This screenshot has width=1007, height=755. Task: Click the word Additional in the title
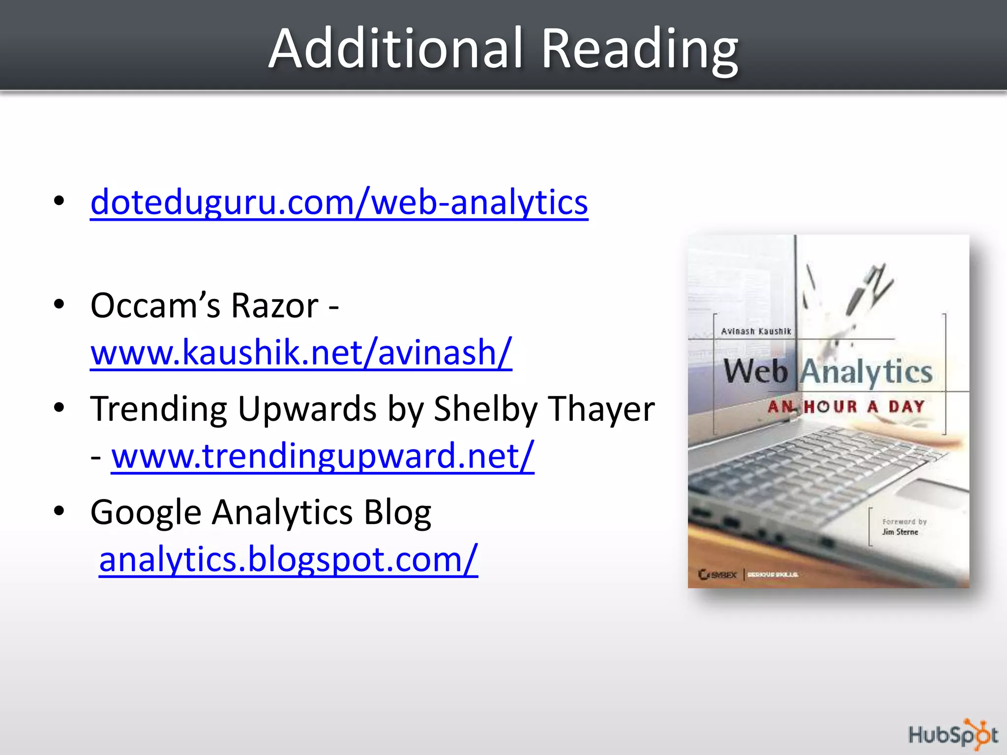point(396,49)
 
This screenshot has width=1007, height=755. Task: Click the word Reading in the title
point(639,50)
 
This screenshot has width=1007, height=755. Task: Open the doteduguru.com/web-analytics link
point(339,202)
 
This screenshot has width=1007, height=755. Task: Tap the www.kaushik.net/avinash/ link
point(301,352)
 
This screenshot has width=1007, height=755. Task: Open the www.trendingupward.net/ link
point(323,456)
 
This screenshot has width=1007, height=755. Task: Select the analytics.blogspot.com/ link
point(288,559)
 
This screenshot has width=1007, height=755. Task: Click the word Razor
point(275,306)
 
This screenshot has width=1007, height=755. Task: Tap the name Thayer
point(601,409)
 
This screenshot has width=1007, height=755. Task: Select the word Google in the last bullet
point(146,513)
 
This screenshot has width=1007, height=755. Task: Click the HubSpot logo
point(952,735)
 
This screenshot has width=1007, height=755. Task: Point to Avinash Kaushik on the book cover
point(756,331)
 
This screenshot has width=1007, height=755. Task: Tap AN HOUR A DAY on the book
point(846,407)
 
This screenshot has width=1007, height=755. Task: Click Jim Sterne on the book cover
point(900,532)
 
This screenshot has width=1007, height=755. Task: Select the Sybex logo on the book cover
point(717,574)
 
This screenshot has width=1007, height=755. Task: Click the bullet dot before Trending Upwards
point(59,407)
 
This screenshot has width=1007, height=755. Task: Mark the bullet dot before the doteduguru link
point(59,201)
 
